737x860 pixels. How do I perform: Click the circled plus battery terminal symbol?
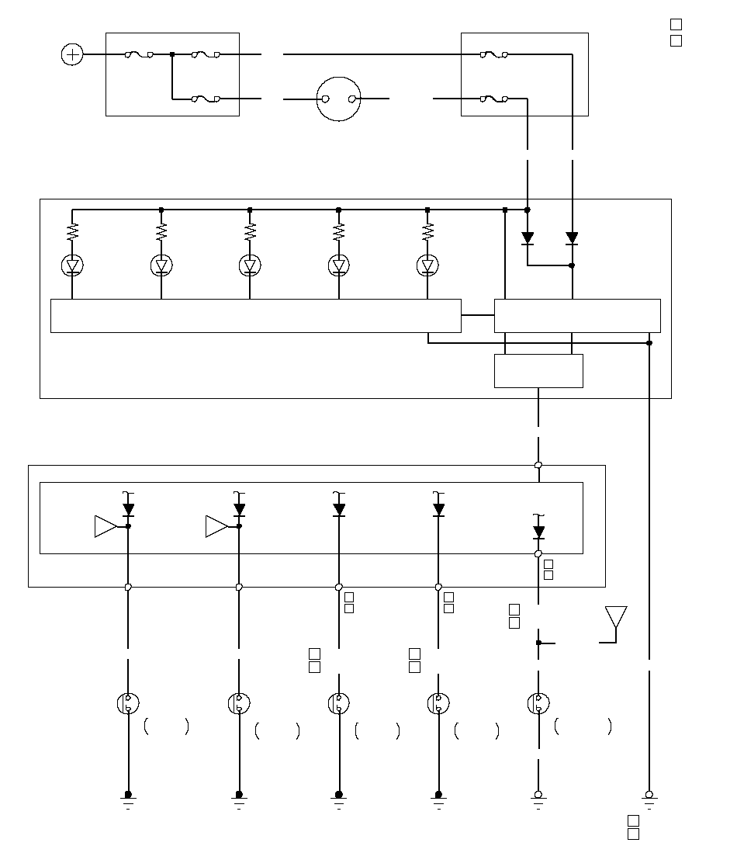click(x=72, y=54)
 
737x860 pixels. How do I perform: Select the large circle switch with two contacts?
click(x=340, y=99)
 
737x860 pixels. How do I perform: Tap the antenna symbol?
click(x=616, y=619)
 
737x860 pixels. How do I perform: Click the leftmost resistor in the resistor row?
click(x=72, y=231)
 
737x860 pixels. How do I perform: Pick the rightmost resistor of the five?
click(x=427, y=231)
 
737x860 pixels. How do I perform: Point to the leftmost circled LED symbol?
click(x=72, y=266)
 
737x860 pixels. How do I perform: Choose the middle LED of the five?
click(x=250, y=266)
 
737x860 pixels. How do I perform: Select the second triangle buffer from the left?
click(x=216, y=526)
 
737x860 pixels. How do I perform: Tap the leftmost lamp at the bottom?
click(x=128, y=704)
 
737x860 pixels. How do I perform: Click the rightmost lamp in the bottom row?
click(x=538, y=704)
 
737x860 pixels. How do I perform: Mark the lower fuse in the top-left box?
click(x=206, y=99)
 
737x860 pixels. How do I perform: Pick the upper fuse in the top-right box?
click(x=494, y=54)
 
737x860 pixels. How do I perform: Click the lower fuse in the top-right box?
click(x=494, y=99)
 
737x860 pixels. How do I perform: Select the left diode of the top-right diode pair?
click(x=528, y=238)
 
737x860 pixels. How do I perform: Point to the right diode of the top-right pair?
click(x=572, y=238)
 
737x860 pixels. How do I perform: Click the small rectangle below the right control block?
click(x=538, y=371)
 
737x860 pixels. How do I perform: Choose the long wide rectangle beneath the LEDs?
click(x=255, y=316)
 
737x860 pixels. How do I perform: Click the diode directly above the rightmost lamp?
click(x=538, y=532)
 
